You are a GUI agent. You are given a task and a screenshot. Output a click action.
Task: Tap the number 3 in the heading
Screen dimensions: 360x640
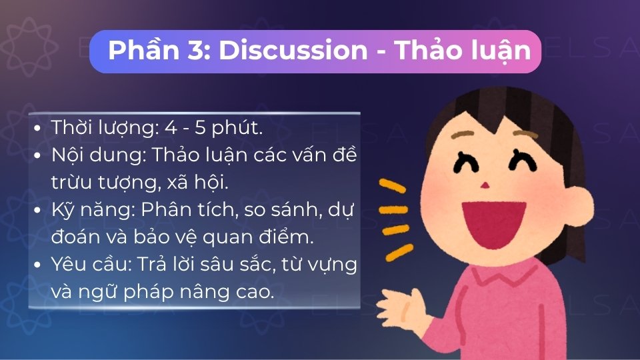(x=197, y=51)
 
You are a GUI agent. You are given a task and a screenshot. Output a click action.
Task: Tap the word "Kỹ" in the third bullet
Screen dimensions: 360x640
(x=61, y=209)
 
